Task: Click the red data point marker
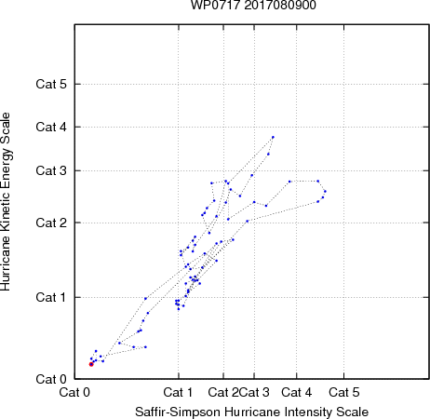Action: [x=91, y=364]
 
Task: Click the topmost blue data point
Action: [x=273, y=137]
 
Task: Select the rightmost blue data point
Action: [x=325, y=191]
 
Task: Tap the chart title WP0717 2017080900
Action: [x=253, y=6]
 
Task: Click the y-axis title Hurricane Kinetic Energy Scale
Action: [x=6, y=202]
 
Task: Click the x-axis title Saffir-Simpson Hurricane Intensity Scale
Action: [x=252, y=412]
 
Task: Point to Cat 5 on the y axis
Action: [x=51, y=84]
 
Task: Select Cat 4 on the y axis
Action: [x=51, y=127]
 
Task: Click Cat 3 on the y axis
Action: [x=51, y=170]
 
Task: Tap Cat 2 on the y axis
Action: [x=51, y=223]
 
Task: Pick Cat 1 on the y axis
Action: [x=51, y=297]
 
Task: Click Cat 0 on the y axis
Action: [x=51, y=379]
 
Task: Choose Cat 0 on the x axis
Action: [x=74, y=392]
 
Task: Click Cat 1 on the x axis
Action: [x=178, y=392]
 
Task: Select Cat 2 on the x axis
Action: [x=223, y=392]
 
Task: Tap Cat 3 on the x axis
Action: [x=254, y=392]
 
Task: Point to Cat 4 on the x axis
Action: [x=297, y=392]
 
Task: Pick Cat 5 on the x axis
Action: [x=344, y=392]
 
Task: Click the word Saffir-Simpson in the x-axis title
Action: [x=178, y=412]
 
